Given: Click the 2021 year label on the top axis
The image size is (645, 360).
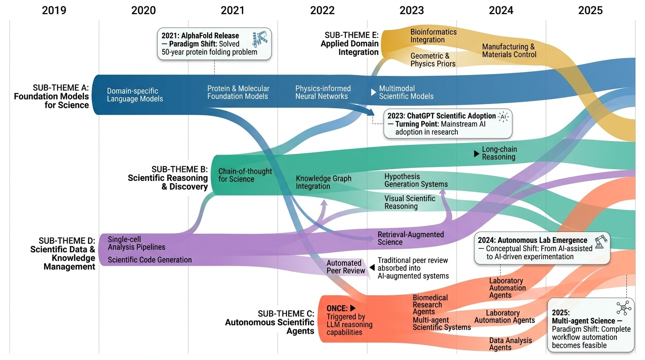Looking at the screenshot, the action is (232, 10).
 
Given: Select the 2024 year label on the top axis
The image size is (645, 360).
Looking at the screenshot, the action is (501, 10).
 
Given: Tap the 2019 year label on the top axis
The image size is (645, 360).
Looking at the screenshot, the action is (54, 10).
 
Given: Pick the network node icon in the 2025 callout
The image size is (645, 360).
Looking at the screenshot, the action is (623, 308).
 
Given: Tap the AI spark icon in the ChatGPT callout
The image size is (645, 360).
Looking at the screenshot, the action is (503, 116).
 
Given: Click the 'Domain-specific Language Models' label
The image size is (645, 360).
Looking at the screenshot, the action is (135, 95).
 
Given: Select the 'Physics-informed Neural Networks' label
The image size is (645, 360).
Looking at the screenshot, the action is (322, 92).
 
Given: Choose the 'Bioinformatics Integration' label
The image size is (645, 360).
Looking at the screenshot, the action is (433, 36).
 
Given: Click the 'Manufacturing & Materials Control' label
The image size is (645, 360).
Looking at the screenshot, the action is (508, 51).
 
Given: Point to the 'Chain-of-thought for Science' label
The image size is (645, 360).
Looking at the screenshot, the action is (245, 175).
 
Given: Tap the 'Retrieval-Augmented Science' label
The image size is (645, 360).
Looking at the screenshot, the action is (411, 238).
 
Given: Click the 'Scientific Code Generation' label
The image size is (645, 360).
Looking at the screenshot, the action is (150, 260).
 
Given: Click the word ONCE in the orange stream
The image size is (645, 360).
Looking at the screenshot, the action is (337, 308).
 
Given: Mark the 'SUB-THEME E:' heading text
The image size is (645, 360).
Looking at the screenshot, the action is (351, 35).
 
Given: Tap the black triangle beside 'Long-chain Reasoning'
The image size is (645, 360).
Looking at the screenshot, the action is (477, 153).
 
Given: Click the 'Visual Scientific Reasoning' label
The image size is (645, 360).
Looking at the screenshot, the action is (410, 202).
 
